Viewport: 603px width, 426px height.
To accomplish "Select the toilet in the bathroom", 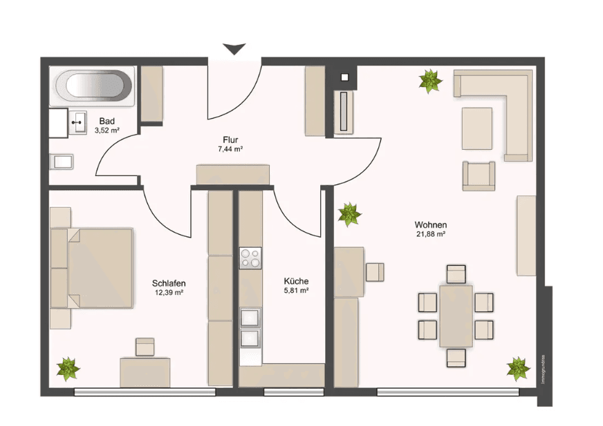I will click(62, 162).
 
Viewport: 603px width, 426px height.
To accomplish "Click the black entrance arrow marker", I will click(234, 49).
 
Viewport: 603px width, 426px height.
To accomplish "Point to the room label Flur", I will click(231, 138).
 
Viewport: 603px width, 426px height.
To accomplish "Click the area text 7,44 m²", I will click(230, 148).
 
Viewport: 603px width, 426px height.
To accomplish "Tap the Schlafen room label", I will click(169, 283).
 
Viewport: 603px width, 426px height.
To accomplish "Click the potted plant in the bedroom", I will click(68, 369).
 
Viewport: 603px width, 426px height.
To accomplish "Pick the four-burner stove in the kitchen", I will click(250, 258).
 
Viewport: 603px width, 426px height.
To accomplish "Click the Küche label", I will click(296, 282).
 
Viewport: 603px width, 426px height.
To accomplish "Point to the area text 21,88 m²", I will click(430, 235).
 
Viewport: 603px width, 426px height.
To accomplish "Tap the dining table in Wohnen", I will click(456, 316).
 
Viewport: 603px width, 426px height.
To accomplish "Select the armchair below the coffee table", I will click(479, 175).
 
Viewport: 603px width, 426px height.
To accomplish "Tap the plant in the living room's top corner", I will click(430, 81).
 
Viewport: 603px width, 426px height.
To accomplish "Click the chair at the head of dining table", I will click(456, 274).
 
